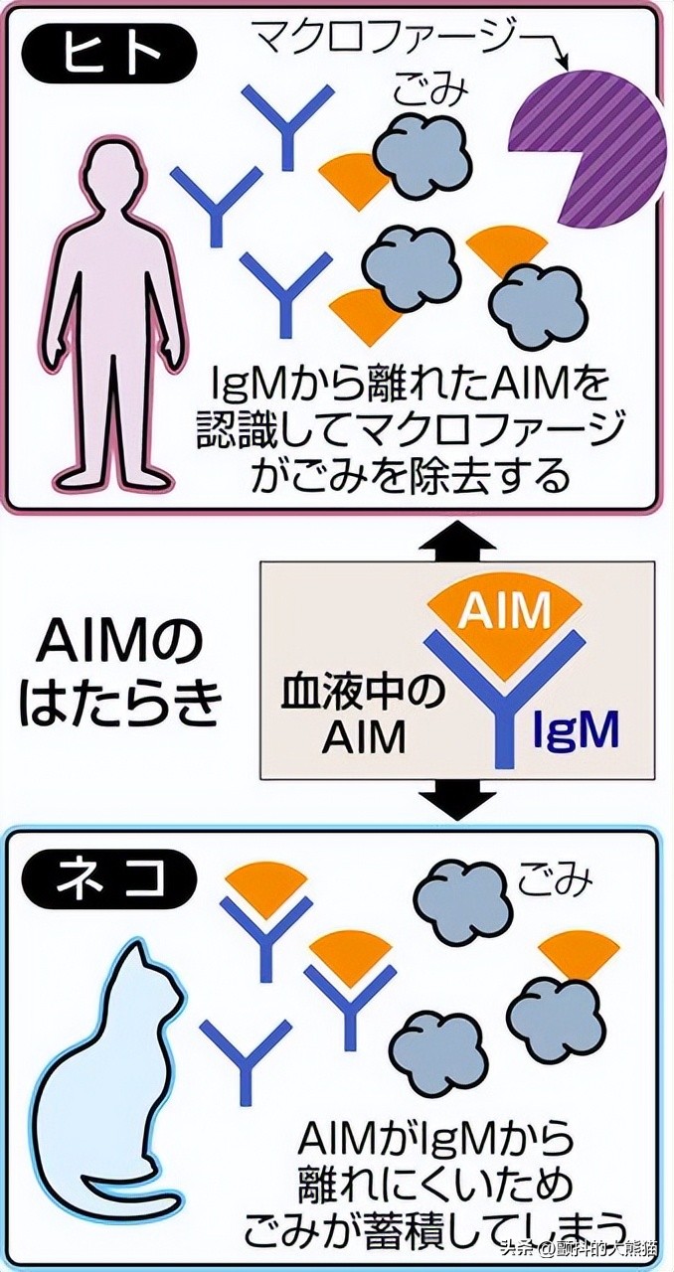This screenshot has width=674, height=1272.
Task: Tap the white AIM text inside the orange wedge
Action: [505, 608]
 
